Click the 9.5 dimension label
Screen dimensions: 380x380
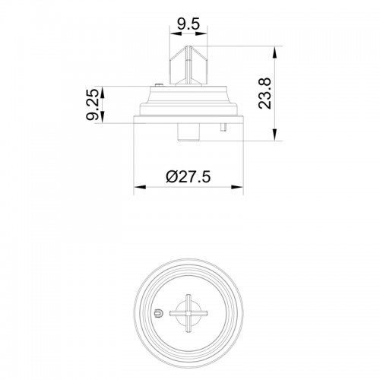click(188, 24)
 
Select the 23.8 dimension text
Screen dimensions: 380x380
click(264, 93)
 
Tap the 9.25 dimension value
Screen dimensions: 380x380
click(92, 104)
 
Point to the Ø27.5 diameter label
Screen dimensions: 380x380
click(188, 176)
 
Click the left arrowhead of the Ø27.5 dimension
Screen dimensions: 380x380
click(140, 187)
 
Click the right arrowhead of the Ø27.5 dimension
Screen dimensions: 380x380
click(237, 187)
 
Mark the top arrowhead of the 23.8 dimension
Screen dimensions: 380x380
click(274, 52)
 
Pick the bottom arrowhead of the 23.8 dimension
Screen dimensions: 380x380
click(274, 135)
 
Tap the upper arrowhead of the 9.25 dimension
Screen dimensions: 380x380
click(102, 93)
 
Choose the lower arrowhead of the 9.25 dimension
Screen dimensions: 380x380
click(102, 117)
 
